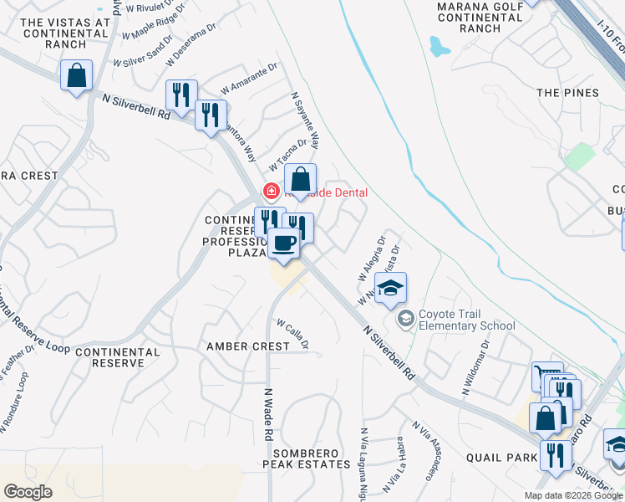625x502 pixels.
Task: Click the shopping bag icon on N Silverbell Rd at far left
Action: (77, 76)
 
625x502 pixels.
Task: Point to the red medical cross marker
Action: (271, 192)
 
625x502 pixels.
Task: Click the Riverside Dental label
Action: (330, 192)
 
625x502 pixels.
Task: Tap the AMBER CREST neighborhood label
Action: (248, 346)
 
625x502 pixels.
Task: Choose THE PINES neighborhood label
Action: (568, 93)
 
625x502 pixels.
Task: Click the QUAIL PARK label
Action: (501, 458)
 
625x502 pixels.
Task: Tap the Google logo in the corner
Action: (28, 492)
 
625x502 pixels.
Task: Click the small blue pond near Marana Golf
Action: (439, 46)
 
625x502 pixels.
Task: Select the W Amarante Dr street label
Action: (248, 82)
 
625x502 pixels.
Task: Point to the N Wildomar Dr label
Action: (476, 368)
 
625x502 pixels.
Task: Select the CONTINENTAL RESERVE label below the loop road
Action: (117, 358)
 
